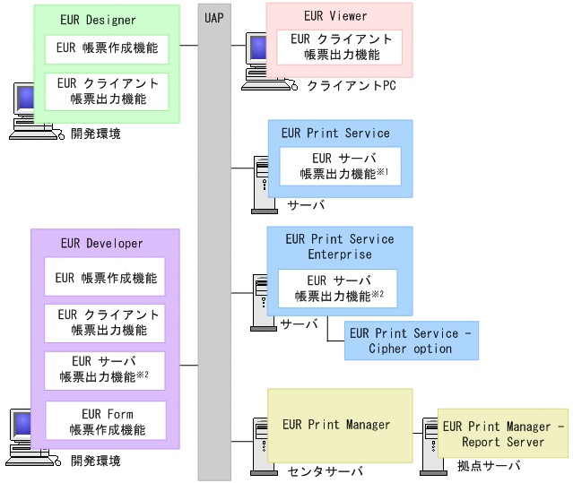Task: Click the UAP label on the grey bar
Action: tap(214, 18)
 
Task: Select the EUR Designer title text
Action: tap(98, 20)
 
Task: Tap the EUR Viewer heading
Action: tap(335, 16)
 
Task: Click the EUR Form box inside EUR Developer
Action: tap(106, 421)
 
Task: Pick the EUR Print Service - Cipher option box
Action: tap(412, 341)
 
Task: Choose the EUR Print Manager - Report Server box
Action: tap(503, 434)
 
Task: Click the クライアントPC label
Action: tap(352, 86)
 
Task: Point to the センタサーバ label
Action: tap(326, 471)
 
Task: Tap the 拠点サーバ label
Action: tap(489, 466)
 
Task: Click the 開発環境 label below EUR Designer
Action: tap(95, 134)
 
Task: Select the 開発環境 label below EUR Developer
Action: tap(95, 461)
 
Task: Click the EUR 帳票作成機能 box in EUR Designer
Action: tap(107, 49)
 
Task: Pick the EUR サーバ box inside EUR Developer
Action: tap(105, 371)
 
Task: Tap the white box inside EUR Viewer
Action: tap(339, 47)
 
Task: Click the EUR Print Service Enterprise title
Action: tap(340, 246)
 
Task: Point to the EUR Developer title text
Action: tap(101, 243)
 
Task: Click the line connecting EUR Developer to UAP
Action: tap(189, 365)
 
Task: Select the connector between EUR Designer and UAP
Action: tap(189, 46)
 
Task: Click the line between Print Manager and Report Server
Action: tap(417, 434)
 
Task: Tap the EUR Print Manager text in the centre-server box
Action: tap(336, 425)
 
